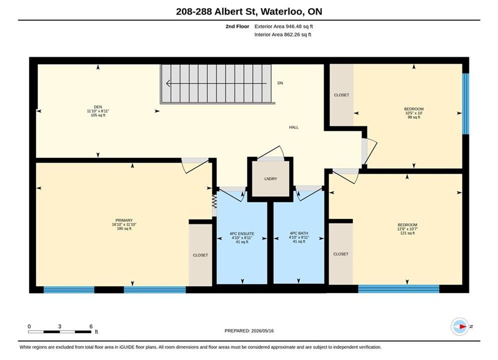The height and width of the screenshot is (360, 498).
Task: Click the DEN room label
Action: tap(98, 107)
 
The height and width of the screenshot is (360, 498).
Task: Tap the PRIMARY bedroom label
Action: tap(124, 220)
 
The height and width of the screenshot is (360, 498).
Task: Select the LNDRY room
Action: tap(271, 179)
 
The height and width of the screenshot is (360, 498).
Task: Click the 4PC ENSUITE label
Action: tap(242, 234)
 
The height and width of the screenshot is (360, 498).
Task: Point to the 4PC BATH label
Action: tap(299, 233)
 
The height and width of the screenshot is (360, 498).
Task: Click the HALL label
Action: tap(294, 127)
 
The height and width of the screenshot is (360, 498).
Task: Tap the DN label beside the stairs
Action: tap(280, 83)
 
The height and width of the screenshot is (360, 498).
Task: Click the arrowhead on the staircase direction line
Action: tap(168, 83)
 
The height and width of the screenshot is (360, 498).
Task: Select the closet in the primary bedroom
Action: tap(200, 255)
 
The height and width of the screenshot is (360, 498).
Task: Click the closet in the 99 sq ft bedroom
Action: tap(342, 95)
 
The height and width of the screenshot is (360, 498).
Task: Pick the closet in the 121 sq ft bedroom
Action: tap(341, 253)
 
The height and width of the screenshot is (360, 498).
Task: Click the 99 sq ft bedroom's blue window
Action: tap(465, 103)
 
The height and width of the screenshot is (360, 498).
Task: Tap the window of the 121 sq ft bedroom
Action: tap(398, 288)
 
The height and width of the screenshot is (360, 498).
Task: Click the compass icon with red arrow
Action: tap(459, 326)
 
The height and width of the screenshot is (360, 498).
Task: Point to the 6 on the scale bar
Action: tap(91, 326)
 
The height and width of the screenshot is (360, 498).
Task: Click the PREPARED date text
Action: tap(249, 331)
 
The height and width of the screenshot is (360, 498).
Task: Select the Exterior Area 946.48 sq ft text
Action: tap(284, 26)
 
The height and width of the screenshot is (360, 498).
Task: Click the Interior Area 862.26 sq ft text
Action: tap(283, 34)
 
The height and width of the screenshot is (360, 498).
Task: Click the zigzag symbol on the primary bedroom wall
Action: tap(214, 201)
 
